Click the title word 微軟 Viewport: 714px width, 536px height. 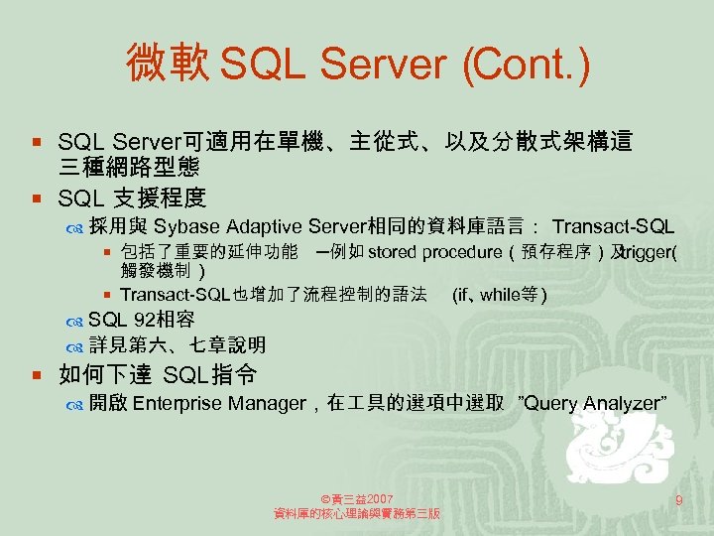(x=167, y=65)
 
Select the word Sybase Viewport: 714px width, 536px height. (x=188, y=226)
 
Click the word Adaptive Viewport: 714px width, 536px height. (x=265, y=226)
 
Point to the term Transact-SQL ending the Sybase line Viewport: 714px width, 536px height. (x=613, y=226)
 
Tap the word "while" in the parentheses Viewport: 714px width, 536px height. (x=498, y=295)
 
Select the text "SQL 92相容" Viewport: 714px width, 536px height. (x=141, y=320)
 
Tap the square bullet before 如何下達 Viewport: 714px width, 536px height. (x=36, y=375)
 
